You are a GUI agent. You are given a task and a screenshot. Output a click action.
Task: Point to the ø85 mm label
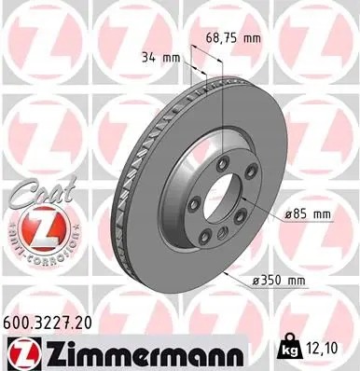click(310, 215)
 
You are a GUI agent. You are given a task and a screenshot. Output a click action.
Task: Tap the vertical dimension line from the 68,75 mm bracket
click(224, 103)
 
